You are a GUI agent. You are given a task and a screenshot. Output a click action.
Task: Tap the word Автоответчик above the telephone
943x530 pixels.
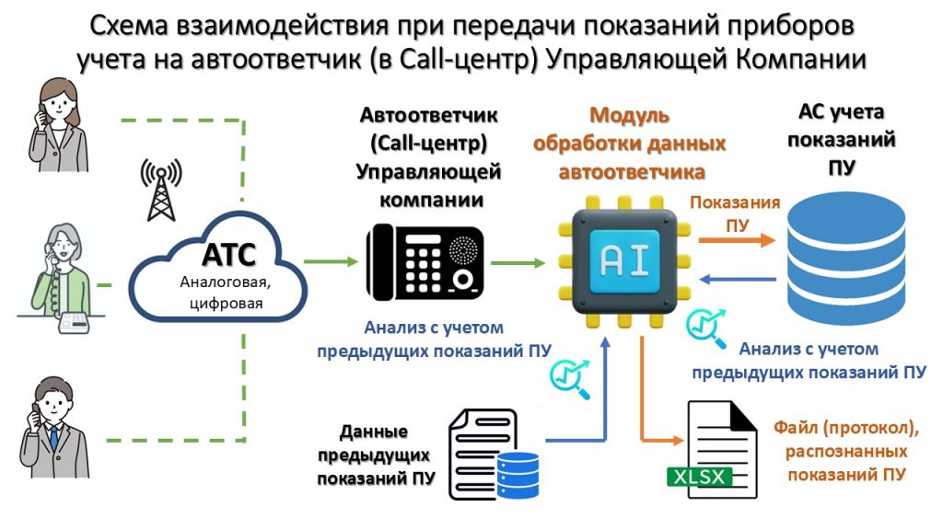tap(428, 117)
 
